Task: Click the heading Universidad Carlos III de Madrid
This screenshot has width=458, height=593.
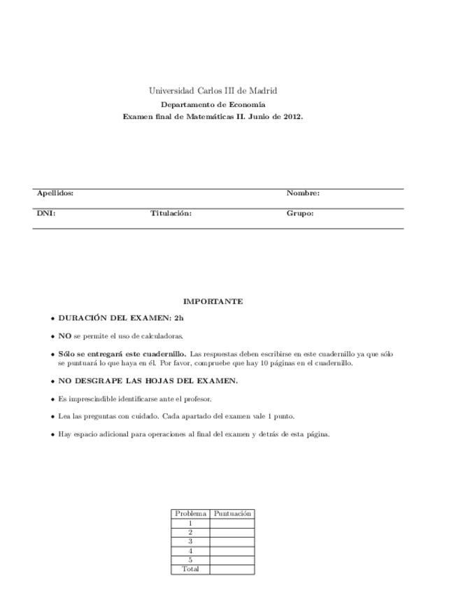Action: click(x=213, y=91)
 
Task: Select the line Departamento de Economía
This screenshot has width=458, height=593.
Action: click(x=213, y=104)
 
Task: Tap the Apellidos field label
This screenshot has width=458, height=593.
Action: click(x=55, y=193)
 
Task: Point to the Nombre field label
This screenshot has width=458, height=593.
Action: click(x=303, y=193)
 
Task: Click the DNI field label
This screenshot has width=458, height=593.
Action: click(x=46, y=213)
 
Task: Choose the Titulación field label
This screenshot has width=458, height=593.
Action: click(x=171, y=213)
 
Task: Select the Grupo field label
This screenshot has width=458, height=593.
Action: click(x=300, y=213)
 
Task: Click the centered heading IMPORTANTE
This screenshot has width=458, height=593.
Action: click(x=213, y=301)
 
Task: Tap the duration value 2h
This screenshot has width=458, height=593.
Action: click(x=179, y=318)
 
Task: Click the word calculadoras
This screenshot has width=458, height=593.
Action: click(x=164, y=336)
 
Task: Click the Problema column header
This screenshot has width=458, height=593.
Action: click(x=190, y=513)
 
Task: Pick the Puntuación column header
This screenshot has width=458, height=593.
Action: click(x=232, y=513)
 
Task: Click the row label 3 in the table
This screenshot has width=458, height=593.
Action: click(x=190, y=541)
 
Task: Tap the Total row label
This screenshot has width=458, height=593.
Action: click(x=190, y=569)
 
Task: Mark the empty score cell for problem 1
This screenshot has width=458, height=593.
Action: click(x=232, y=522)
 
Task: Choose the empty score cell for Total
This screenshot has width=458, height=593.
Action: click(x=232, y=569)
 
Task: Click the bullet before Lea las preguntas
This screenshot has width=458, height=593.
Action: click(x=52, y=417)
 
